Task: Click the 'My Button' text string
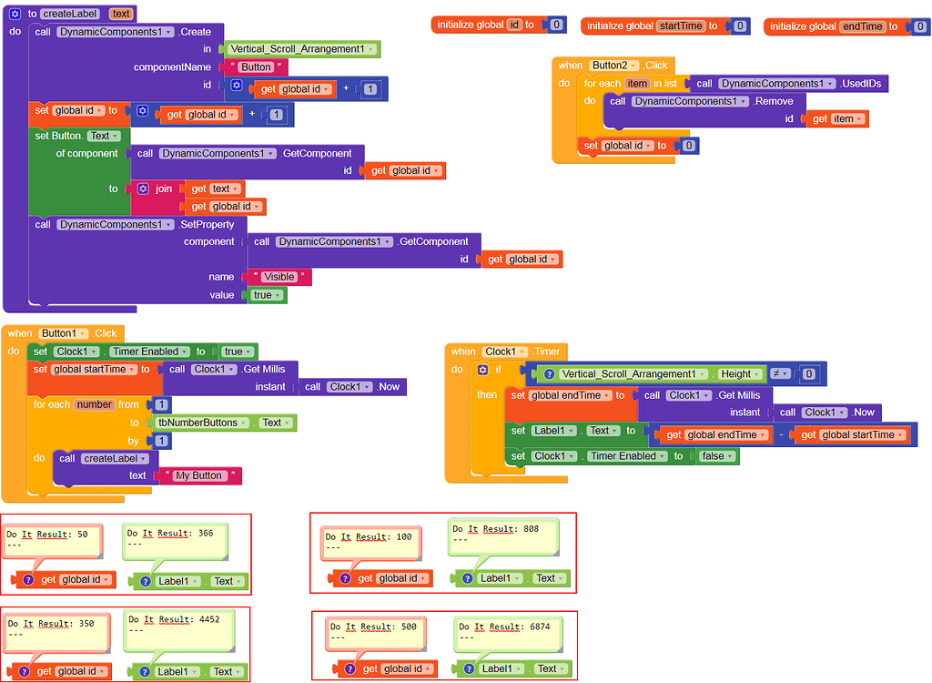tap(199, 475)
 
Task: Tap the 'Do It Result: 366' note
tap(173, 538)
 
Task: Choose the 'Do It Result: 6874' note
tap(505, 631)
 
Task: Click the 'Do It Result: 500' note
tap(376, 632)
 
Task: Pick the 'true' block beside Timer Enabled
tap(235, 352)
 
